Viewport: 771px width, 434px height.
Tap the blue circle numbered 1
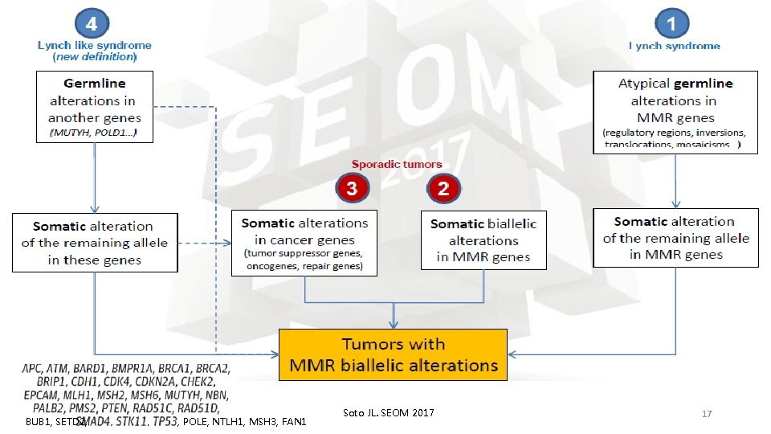pos(674,23)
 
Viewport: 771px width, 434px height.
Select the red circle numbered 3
pos(351,189)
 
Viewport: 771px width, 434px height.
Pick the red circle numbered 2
pos(443,189)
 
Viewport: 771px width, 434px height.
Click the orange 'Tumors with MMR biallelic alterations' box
pos(393,354)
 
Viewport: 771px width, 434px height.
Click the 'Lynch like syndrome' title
pos(95,46)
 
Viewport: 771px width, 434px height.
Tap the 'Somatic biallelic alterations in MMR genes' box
pos(483,240)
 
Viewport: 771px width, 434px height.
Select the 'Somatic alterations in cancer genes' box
pos(304,243)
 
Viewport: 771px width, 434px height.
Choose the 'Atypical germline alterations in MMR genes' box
pos(675,110)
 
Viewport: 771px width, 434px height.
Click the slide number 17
pos(707,414)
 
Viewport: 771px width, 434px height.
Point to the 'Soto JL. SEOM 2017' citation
pos(388,413)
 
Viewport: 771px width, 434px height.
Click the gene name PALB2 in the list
pos(42,408)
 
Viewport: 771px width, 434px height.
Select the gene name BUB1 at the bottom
pos(38,422)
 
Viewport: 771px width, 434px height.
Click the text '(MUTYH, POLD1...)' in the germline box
pos(92,133)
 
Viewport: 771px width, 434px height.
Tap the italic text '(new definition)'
pos(95,57)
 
